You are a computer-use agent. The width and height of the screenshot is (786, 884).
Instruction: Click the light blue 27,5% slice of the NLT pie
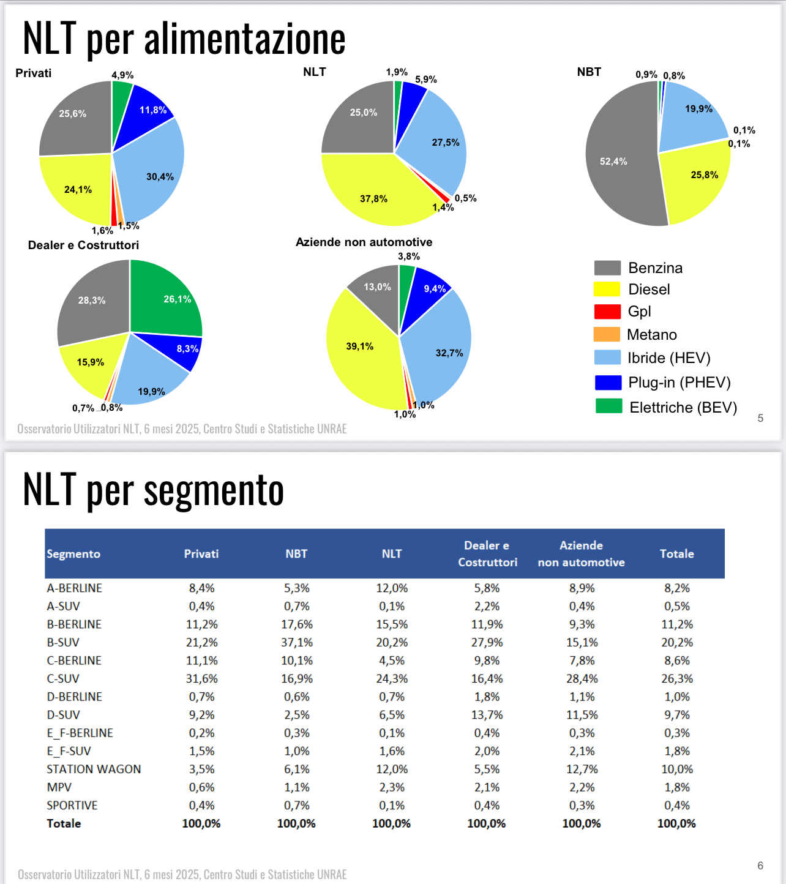[x=436, y=140]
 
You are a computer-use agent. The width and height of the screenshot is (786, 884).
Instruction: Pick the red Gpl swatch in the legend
[x=607, y=312]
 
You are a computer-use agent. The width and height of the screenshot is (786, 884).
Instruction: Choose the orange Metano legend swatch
[x=607, y=334]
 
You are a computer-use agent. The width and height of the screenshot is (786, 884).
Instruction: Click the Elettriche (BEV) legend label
[x=683, y=407]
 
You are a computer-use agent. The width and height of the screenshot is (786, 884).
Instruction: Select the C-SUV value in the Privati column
[x=201, y=678]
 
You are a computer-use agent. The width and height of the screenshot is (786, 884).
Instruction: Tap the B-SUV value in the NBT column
[x=297, y=642]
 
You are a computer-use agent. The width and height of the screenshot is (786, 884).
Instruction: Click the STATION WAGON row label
[x=94, y=769]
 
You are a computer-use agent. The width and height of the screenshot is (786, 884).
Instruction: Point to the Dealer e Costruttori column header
[x=487, y=553]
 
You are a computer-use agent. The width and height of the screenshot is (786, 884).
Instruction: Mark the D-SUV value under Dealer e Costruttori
[x=487, y=714]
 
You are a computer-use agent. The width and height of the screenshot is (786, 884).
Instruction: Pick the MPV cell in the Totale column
[x=677, y=787]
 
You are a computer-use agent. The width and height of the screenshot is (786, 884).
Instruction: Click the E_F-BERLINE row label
[x=80, y=733]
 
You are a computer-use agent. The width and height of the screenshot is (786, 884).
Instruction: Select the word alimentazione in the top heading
[x=245, y=39]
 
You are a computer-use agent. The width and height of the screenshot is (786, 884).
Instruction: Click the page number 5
[x=760, y=418]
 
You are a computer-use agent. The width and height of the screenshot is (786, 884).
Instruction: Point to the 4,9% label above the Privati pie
[x=122, y=75]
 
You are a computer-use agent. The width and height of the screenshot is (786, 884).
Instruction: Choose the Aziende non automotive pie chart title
[x=364, y=242]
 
